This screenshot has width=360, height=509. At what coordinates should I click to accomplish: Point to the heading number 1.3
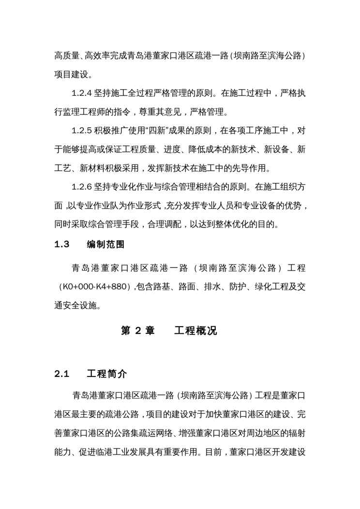tap(62, 245)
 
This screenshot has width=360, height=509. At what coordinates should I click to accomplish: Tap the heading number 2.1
tap(62, 374)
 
